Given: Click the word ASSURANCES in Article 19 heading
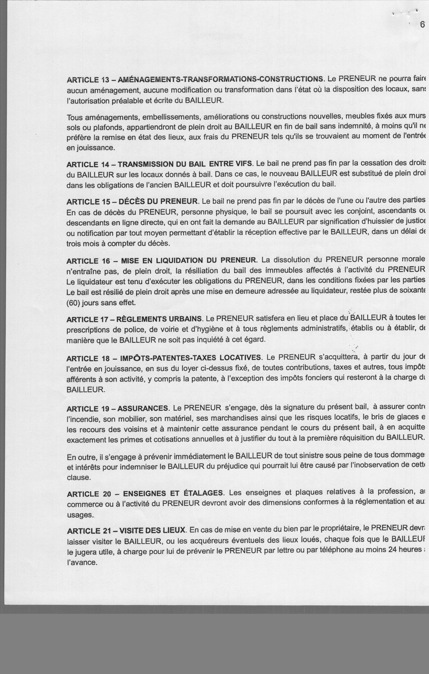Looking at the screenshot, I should click(x=143, y=409).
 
